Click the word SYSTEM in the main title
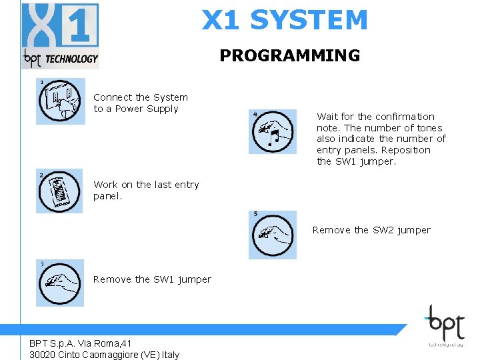click(x=309, y=20)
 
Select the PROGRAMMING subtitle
click(x=289, y=55)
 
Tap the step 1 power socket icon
click(x=60, y=101)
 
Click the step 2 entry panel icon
click(x=60, y=191)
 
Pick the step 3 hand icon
click(x=60, y=283)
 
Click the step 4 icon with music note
click(x=273, y=131)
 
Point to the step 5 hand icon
click(x=273, y=235)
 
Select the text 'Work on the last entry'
click(x=146, y=185)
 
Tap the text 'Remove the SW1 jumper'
click(x=152, y=279)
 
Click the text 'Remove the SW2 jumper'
click(x=371, y=230)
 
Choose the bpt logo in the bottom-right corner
click(x=445, y=325)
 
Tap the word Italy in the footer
click(x=169, y=355)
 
